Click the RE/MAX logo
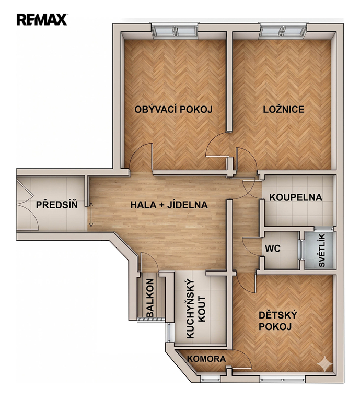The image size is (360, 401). tap(42, 20)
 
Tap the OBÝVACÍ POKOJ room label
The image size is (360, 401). tap(173, 109)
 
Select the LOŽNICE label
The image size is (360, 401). tap(284, 109)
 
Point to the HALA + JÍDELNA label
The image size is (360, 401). tap(169, 205)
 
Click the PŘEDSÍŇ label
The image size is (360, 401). tap(56, 205)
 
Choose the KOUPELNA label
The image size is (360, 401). tap(296, 197)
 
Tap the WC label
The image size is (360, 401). tap(273, 249)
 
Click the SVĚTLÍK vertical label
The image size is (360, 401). tap(322, 251)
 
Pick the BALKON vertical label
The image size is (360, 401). tap(150, 298)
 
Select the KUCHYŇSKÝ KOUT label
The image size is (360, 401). tap(196, 310)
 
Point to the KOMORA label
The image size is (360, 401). tap(206, 359)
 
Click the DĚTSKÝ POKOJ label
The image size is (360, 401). tap(277, 321)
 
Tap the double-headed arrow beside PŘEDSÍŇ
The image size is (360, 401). tap(91, 214)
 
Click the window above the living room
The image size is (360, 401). tap(175, 31)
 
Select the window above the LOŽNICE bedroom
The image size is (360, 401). tap(283, 31)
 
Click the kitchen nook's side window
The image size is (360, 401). tap(169, 332)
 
